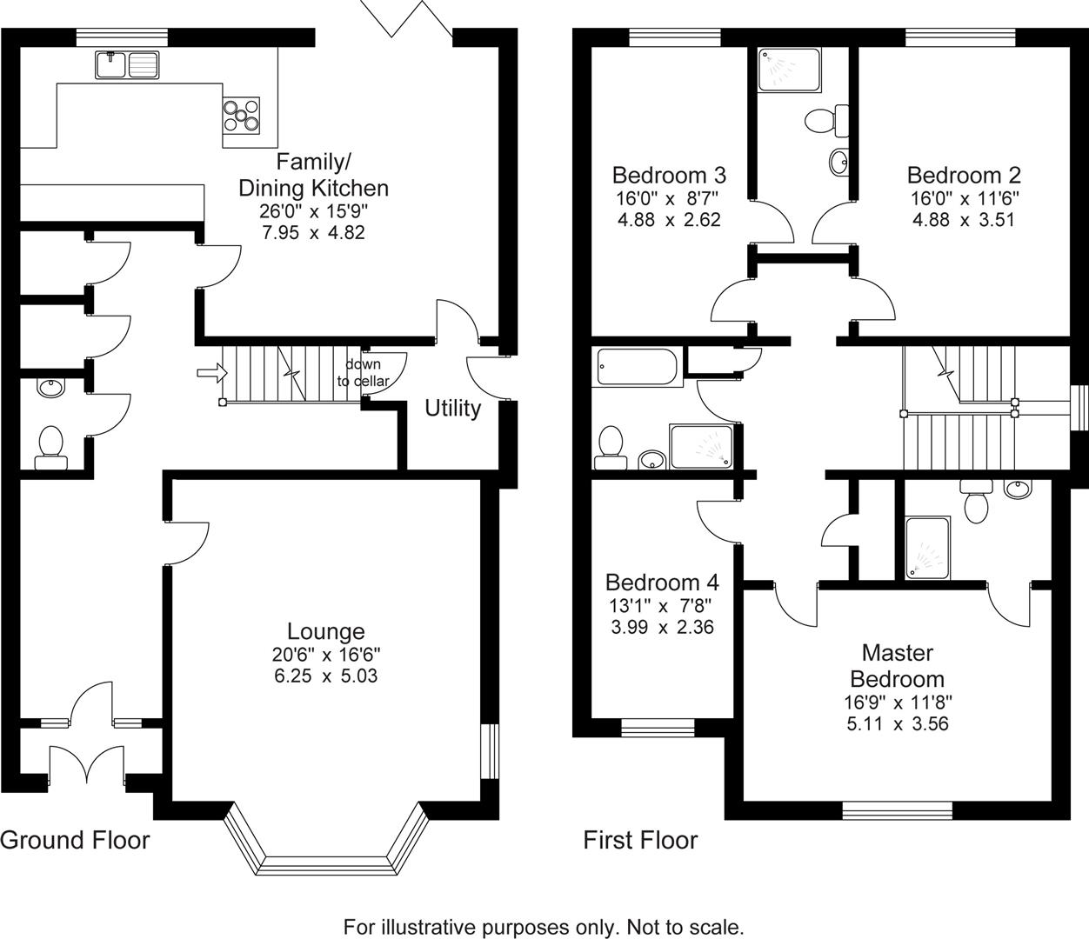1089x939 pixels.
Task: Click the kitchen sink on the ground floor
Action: click(128, 64)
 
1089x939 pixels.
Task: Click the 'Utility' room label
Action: click(452, 409)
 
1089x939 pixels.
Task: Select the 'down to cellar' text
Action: click(364, 373)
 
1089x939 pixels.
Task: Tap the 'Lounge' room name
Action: click(326, 631)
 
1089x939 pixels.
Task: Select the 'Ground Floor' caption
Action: click(75, 840)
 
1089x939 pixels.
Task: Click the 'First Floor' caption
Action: click(640, 840)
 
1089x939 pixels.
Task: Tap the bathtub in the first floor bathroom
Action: click(636, 367)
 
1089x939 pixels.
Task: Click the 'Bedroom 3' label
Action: click(669, 174)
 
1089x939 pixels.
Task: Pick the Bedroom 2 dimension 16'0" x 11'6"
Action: click(964, 197)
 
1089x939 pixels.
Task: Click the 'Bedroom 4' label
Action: click(662, 582)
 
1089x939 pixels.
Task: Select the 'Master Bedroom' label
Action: click(897, 665)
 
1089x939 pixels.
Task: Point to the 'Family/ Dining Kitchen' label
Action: click(313, 175)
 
